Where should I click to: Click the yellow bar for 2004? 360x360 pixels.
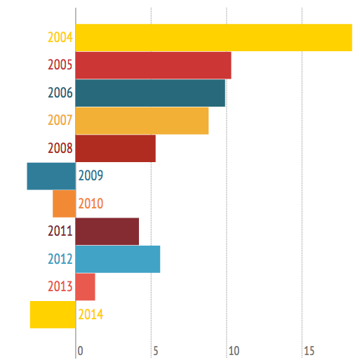pos(214,37)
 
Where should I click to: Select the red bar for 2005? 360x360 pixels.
pos(154,65)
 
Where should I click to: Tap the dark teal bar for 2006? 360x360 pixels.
pos(150,93)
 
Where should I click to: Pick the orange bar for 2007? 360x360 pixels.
pos(142,121)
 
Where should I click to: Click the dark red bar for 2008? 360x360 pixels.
pos(116,148)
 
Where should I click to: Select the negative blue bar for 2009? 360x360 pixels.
pos(51,176)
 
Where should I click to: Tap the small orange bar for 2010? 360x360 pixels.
pos(64,204)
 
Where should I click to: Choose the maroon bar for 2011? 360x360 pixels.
pos(107,232)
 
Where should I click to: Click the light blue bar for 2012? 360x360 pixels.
pos(118,259)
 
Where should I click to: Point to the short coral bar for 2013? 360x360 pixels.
pos(86,287)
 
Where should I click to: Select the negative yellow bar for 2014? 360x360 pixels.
pos(53,314)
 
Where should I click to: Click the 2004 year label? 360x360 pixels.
pos(60,37)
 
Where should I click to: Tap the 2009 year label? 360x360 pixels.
pos(91,175)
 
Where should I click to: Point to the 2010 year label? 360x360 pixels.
pos(91,204)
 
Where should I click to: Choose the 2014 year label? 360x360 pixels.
pos(91,314)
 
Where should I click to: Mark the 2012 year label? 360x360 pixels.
pos(60,259)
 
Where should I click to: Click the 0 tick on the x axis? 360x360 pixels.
pos(80,351)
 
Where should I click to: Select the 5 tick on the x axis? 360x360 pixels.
pos(156,351)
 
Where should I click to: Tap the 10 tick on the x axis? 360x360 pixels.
pos(234,351)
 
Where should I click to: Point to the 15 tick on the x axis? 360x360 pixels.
pos(309,351)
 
